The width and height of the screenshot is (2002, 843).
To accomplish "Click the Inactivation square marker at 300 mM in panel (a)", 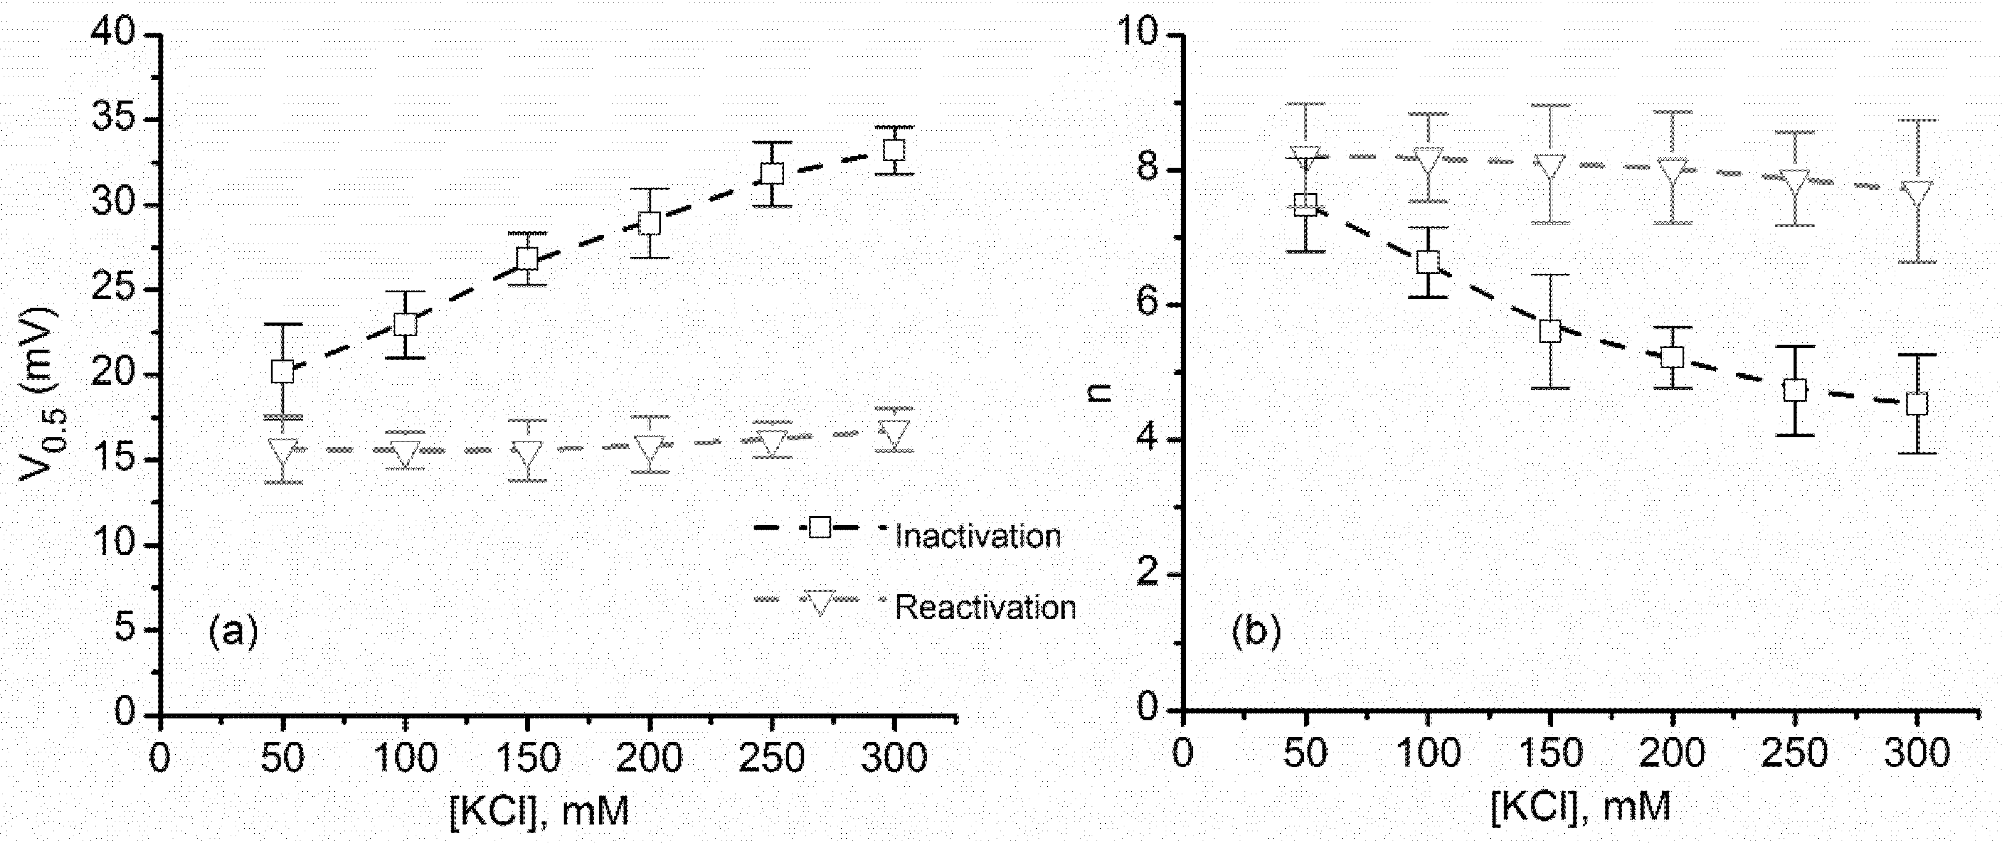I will [894, 149].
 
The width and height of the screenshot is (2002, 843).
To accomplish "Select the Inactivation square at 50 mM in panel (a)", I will [282, 371].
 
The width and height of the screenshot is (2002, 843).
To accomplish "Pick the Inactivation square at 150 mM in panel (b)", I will [1551, 330].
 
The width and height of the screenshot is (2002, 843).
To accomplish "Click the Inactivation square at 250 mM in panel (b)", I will [1795, 389].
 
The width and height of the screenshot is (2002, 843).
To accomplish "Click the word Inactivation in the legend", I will [977, 536].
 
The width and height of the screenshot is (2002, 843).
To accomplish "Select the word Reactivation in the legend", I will [985, 607].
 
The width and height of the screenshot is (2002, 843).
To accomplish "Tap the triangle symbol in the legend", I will [820, 601].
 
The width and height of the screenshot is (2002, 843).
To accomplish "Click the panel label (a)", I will [233, 631].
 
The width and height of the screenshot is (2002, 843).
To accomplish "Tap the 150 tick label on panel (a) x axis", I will [527, 757].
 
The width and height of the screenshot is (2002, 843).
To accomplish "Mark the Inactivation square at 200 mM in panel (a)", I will [649, 224].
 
